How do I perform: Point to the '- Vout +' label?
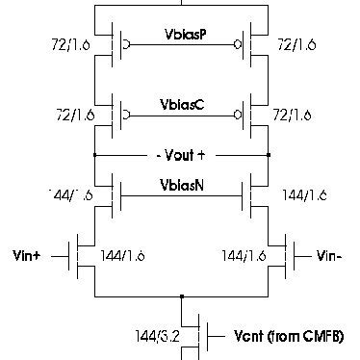[x=182, y=154]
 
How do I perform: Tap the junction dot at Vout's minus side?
[x=96, y=154]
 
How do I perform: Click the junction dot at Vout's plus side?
[x=268, y=154]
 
